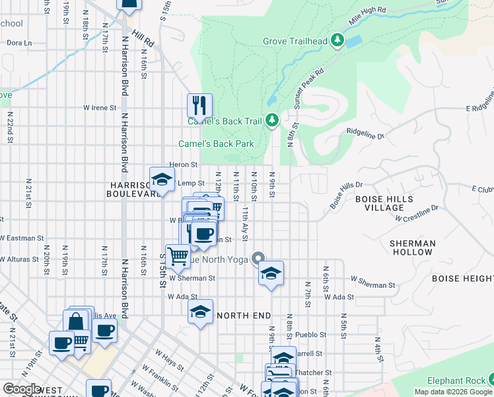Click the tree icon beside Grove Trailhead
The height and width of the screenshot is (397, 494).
tap(337, 41)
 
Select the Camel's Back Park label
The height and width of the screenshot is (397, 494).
tap(216, 144)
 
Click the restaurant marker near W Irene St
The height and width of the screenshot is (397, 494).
tap(199, 105)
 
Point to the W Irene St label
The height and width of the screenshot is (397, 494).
tap(100, 107)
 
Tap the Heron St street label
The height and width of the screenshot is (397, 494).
tap(184, 164)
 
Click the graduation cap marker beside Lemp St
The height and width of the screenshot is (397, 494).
tap(162, 180)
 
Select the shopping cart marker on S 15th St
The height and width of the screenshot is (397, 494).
tap(178, 255)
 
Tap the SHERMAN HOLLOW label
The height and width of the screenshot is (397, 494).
tap(412, 247)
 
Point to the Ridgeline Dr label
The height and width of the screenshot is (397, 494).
tap(365, 134)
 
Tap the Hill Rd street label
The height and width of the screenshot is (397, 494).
tap(143, 39)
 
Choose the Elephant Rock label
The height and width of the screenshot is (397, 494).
tap(455, 380)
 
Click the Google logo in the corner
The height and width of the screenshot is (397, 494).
tap(22, 389)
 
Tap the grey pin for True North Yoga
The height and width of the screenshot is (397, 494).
tap(258, 259)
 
